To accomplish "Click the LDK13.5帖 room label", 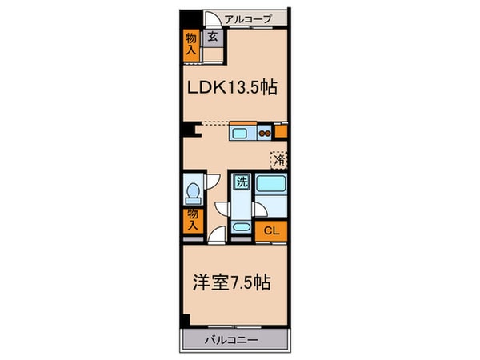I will pos(233,88).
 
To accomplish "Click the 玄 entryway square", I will pos(213,37).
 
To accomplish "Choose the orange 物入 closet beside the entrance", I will pos(190,42).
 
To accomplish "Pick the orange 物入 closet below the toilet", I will pos(192,219).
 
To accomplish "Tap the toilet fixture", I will pos(191,192).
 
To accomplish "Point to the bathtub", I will pos(273,194).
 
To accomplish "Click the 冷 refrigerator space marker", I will pos(278,159).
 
